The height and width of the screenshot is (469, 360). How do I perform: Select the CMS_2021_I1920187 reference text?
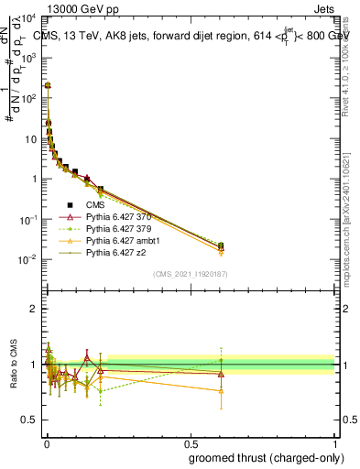coord(191,274)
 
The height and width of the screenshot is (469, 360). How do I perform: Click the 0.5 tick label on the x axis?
coord(191,442)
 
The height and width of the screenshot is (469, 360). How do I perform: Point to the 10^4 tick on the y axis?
coord(29,18)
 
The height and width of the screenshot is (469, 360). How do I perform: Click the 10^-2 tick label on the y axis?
coord(28,259)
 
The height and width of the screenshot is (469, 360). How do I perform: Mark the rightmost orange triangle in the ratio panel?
coord(221,391)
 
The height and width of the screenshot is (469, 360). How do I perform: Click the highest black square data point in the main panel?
coord(47,85)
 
